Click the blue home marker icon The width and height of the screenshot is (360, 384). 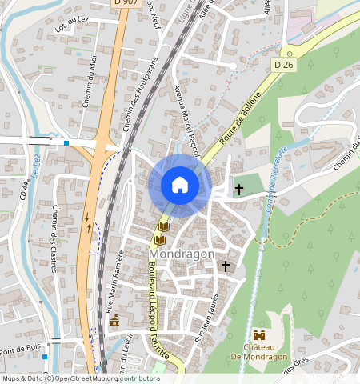pos(180,186)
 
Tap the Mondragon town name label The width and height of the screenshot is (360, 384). pos(182,254)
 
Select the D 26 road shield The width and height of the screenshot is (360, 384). pos(282,64)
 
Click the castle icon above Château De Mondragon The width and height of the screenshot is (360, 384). pos(259,336)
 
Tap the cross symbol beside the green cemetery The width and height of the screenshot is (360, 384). pos(238,189)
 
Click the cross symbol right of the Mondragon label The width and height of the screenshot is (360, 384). pos(226,265)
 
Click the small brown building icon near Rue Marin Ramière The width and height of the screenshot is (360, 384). pos(114,320)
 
